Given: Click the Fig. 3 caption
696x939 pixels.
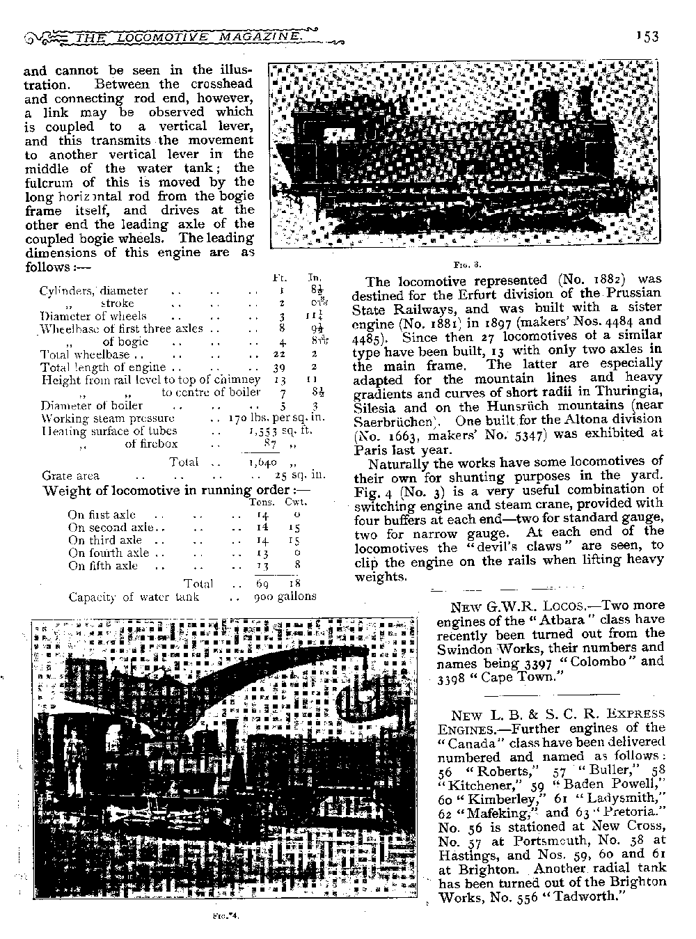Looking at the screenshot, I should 463,265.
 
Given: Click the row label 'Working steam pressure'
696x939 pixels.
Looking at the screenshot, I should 107,418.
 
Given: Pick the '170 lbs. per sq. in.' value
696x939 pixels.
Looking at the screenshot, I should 277,418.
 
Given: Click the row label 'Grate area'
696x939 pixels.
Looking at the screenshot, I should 70,476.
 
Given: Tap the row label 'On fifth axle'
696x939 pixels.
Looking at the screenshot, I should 103,566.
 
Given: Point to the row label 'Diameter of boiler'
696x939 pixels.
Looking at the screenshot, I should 92,405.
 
